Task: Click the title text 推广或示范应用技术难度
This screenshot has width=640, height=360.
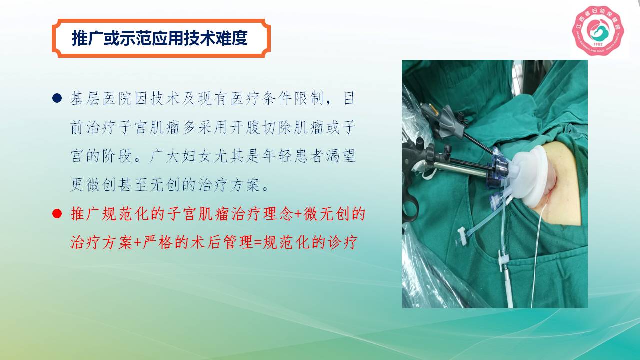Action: [159, 38]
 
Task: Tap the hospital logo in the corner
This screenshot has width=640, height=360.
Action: [598, 31]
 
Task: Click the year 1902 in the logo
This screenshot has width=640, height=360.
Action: [598, 44]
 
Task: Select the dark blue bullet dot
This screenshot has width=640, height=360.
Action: [57, 98]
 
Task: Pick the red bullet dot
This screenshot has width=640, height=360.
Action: [57, 214]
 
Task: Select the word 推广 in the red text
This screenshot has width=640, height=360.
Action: [85, 214]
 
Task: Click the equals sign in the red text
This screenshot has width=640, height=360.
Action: [257, 243]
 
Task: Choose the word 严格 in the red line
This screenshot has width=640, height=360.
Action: [157, 243]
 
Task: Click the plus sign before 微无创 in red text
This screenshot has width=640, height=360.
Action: [299, 214]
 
